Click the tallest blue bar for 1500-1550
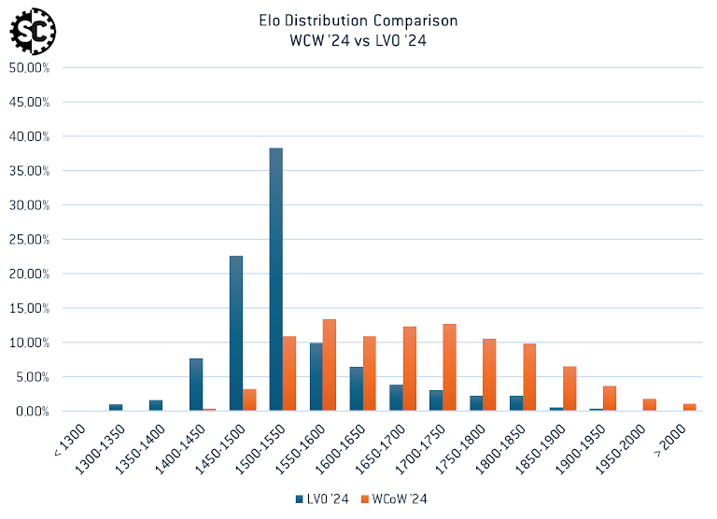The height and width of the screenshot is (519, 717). [x=275, y=280]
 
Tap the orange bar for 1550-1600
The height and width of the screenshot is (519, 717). [x=330, y=365]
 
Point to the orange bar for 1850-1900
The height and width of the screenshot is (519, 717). [x=569, y=388]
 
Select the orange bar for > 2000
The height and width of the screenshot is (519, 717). [x=689, y=407]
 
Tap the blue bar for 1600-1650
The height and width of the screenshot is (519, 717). [x=356, y=388]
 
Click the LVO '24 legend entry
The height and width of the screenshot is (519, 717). [x=322, y=499]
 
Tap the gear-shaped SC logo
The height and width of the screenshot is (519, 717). [x=32, y=30]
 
